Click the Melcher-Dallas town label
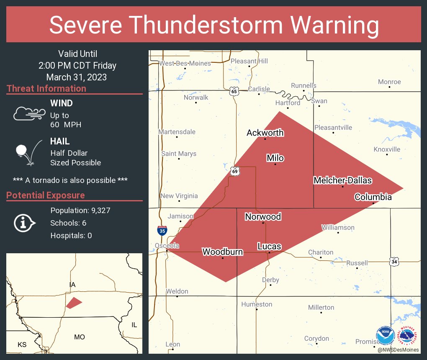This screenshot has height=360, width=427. [343, 180]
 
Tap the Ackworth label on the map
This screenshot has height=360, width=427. [265, 133]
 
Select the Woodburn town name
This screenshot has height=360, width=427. [222, 252]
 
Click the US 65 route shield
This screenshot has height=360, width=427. [234, 92]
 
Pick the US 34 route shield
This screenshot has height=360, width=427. [394, 262]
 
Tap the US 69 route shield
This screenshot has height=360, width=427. [235, 170]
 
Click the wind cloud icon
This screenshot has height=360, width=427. [28, 113]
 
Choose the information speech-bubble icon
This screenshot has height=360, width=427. [24, 223]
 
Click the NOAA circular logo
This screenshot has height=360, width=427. [386, 336]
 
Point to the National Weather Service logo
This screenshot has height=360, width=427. [408, 336]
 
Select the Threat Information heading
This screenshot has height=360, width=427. [46, 89]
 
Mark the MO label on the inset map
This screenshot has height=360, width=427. [80, 337]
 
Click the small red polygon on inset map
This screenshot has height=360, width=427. [74, 303]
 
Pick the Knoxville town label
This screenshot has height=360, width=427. [387, 149]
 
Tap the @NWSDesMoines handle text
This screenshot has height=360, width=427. [398, 350]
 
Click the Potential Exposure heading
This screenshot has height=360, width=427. [46, 195]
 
